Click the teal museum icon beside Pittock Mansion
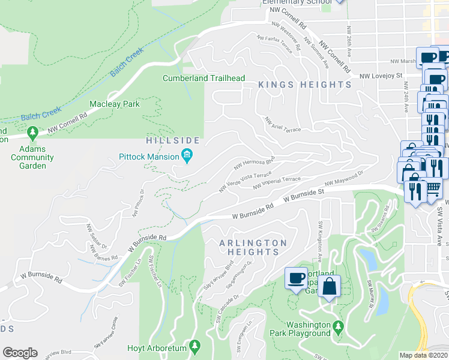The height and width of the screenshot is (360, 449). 187,157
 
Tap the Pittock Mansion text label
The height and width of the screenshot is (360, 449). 149,157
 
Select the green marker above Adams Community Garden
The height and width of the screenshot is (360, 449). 33,131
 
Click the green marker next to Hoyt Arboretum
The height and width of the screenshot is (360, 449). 194,346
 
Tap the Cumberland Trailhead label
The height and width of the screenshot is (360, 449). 203,78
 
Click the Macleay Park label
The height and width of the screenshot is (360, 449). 114,104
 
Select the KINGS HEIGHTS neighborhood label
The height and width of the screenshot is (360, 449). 305,85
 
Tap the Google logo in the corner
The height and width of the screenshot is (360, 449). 20,353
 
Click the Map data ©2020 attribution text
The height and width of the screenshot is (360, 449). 424,355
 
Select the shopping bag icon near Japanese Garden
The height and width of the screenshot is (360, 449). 330,286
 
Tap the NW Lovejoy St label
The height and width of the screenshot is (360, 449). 381,76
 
